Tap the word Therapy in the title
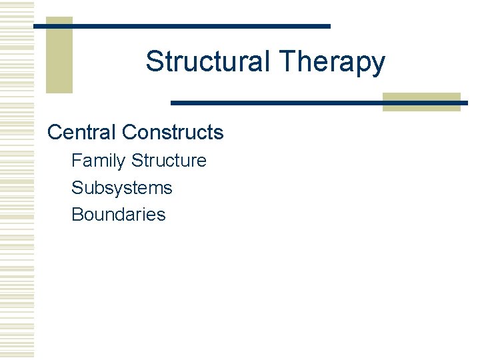click(x=332, y=63)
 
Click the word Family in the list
click(x=99, y=161)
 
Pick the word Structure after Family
click(x=169, y=161)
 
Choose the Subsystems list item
click(x=122, y=188)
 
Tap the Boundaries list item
click(x=119, y=215)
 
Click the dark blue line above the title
click(x=200, y=26)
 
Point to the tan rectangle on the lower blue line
click(x=421, y=102)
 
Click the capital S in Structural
click(x=154, y=61)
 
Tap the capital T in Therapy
click(x=287, y=61)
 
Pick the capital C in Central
click(x=55, y=132)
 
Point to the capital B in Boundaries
click(x=77, y=215)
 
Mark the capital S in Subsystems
click(x=77, y=188)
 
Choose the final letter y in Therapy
click(x=378, y=65)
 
